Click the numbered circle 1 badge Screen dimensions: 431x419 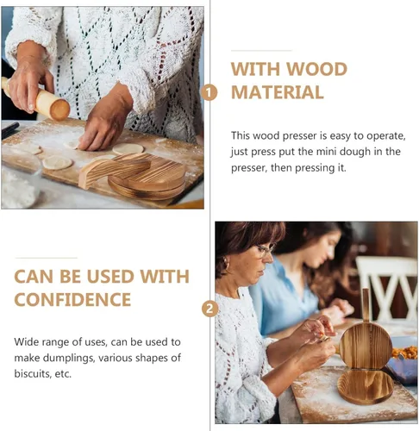tap(209, 92)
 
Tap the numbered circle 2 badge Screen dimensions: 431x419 tap(209, 309)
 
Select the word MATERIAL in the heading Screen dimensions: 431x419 tap(278, 92)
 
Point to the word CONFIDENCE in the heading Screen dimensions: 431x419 tap(73, 300)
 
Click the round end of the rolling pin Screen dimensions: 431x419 tap(59, 109)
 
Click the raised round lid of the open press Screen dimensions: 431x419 tap(366, 345)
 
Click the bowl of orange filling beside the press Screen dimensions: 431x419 tap(406, 353)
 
